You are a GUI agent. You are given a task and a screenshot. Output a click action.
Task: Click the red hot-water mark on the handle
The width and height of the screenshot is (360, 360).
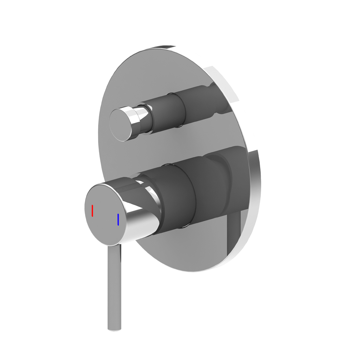pos(92,210)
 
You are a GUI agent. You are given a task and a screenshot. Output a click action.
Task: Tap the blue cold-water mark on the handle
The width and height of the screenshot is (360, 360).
pos(118,219)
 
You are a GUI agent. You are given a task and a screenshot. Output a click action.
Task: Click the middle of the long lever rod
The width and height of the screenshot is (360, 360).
pos(114,288)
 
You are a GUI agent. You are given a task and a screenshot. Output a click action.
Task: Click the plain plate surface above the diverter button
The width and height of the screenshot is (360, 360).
pos(141,81)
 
